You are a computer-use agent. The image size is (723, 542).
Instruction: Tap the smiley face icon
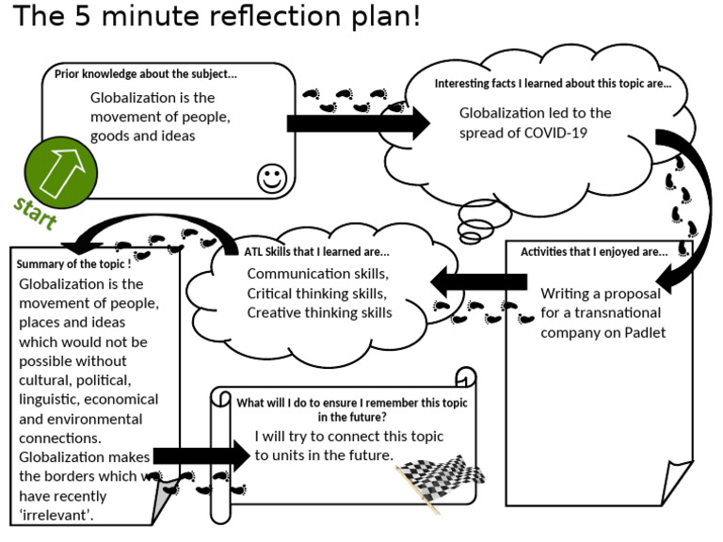point(272,177)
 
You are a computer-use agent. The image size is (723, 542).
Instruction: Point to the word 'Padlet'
point(644,332)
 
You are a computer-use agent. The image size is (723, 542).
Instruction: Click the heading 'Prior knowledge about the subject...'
point(146,74)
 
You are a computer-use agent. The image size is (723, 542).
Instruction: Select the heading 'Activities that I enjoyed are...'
point(594,251)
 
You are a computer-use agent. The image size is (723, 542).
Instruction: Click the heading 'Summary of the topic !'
point(73,263)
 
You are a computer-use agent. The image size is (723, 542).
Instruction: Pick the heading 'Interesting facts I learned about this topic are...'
point(553,84)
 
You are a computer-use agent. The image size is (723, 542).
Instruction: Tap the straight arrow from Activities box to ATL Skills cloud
point(478,280)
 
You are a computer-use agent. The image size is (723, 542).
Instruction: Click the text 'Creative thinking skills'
point(319,312)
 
